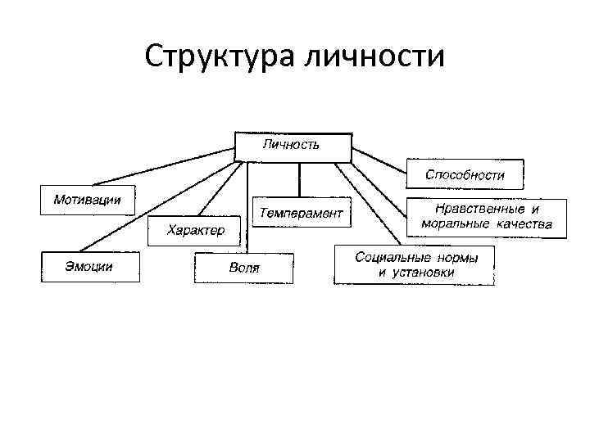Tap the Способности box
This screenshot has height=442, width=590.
point(465,174)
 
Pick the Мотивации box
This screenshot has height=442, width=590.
point(88,200)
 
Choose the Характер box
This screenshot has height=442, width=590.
point(194,231)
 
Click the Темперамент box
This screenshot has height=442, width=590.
point(302,213)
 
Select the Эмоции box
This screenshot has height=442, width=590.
point(90,267)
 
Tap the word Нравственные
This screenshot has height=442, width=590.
point(476,210)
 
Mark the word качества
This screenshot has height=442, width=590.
point(524,223)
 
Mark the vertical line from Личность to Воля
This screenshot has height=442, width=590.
point(245,205)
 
